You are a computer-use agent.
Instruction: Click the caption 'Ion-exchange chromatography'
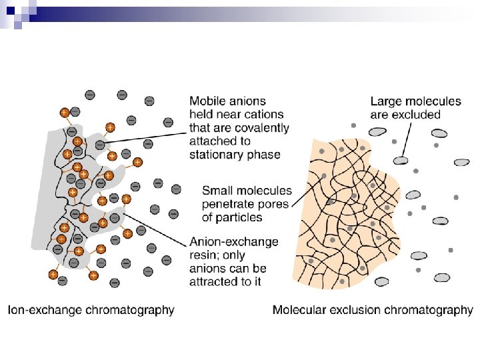pos(91,310)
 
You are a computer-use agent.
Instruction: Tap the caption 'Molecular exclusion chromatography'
pos(373,310)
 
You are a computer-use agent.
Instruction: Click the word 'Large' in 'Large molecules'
pos(386,101)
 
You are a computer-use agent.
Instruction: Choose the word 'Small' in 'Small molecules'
pos(218,191)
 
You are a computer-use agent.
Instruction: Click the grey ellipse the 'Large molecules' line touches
pos(400,160)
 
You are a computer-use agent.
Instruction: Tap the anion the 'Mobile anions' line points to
pos(100,145)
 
